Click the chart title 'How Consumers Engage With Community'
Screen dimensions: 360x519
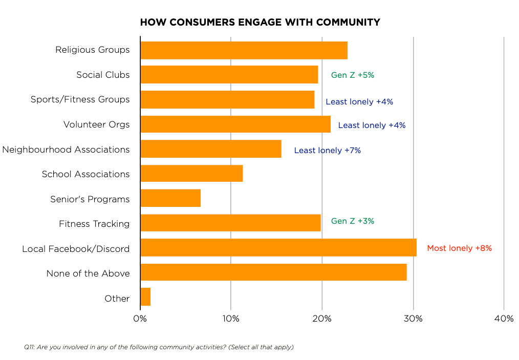260,23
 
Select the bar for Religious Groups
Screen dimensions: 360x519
244,50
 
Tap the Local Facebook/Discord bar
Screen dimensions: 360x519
278,248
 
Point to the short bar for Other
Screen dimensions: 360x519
145,297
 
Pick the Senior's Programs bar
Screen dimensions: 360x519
170,198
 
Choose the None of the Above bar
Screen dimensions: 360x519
273,272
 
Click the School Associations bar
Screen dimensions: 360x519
191,174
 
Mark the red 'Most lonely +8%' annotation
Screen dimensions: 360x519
459,248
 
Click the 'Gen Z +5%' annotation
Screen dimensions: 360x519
353,75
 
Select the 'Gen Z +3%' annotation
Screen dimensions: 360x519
353,221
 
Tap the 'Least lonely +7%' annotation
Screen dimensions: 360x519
328,151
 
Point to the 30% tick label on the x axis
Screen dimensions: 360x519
413,319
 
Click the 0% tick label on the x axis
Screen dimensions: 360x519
140,319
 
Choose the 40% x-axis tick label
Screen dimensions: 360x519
504,319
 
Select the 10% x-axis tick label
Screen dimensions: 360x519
231,319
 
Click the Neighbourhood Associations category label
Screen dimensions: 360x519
66,150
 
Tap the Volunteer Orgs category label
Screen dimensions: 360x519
96,124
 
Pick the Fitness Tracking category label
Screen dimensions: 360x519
94,224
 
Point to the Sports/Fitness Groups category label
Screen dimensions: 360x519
80,99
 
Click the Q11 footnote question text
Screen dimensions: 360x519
159,347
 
